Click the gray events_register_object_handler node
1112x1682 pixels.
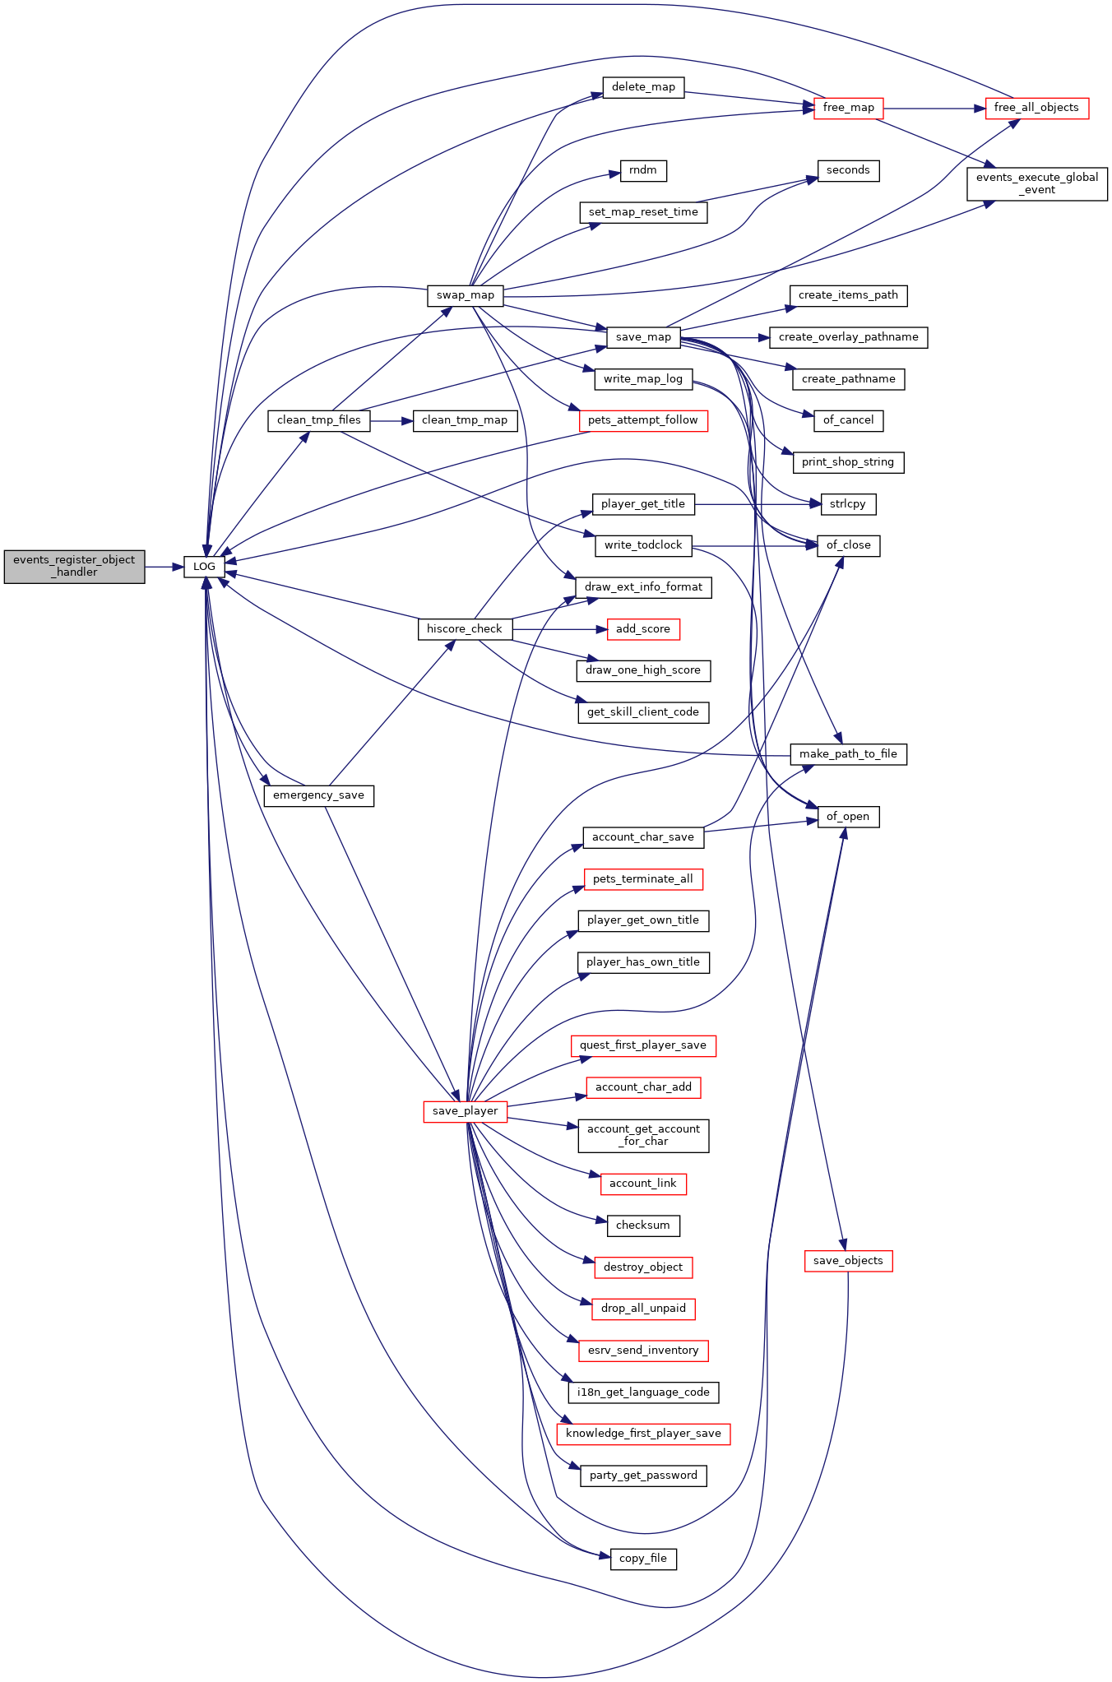tap(74, 566)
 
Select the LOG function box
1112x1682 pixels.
tap(204, 566)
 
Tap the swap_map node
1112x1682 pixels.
tap(466, 295)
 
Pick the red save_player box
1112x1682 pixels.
tap(466, 1111)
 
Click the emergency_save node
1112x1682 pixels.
tap(318, 795)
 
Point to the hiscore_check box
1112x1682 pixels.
tap(465, 629)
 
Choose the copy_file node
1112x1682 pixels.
tap(643, 1559)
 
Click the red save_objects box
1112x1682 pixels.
tap(848, 1261)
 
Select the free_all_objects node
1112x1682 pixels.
tap(1036, 108)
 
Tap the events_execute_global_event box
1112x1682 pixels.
tap(1037, 183)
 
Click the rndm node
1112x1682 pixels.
tap(643, 170)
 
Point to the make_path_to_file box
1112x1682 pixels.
tap(848, 754)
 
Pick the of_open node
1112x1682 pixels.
tap(848, 817)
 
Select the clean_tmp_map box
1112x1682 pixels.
tap(465, 420)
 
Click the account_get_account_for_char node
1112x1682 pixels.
tap(643, 1135)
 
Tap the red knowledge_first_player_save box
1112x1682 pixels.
tap(643, 1434)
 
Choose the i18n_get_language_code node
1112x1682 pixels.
tap(643, 1392)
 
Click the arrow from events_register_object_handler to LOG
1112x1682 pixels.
tap(164, 567)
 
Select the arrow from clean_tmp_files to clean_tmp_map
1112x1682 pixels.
tap(392, 420)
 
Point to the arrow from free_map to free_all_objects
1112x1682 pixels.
tap(934, 108)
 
